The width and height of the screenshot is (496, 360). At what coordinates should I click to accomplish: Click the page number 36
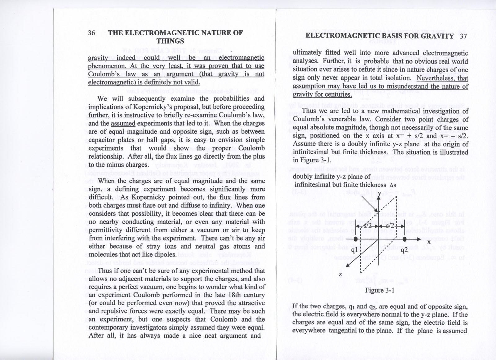(91, 33)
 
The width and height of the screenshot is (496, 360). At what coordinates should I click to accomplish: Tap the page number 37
(463, 36)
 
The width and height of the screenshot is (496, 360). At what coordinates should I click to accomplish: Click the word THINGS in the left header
(170, 41)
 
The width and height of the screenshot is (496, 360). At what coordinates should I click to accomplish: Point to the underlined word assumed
(123, 123)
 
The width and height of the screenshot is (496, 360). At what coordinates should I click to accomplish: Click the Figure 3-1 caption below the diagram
(379, 290)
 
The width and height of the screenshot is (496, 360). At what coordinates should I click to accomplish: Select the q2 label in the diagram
(404, 250)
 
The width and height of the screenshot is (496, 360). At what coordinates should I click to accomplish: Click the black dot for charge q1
(356, 239)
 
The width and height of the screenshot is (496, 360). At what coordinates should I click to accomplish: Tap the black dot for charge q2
(405, 239)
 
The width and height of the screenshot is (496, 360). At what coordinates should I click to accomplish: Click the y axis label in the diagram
(379, 194)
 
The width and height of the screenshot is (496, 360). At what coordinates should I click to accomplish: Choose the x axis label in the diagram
(429, 242)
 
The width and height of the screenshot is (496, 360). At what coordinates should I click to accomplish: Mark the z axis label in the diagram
(340, 274)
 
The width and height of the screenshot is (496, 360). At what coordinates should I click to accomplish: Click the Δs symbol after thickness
(393, 185)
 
